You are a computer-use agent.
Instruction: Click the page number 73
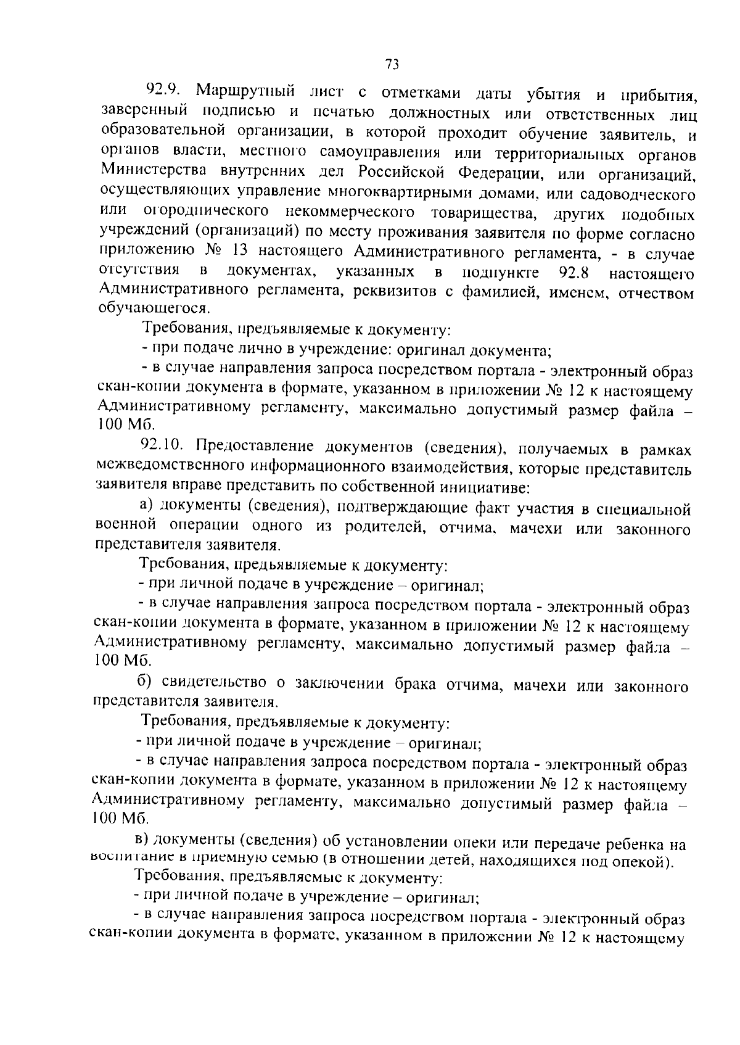pyautogui.click(x=393, y=64)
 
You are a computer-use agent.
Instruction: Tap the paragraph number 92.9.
pyautogui.click(x=162, y=90)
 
